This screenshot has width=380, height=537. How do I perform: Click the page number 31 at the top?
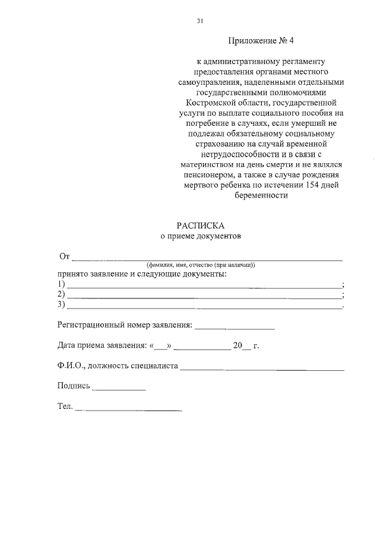coord(200,21)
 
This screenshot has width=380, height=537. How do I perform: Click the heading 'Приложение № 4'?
coord(261,42)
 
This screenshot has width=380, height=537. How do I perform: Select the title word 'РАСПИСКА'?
coord(201,225)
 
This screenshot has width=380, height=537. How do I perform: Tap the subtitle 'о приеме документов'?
coord(201,236)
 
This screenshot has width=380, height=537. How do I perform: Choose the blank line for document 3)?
coord(204,306)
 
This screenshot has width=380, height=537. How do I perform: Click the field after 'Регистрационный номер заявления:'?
coord(235,328)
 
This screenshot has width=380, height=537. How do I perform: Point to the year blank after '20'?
coord(248,348)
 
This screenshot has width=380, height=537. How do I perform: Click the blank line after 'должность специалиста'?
coord(262,369)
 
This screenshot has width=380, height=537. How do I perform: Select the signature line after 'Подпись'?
coord(119,389)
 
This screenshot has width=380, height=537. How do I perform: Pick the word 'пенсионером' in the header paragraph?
coord(202,176)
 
